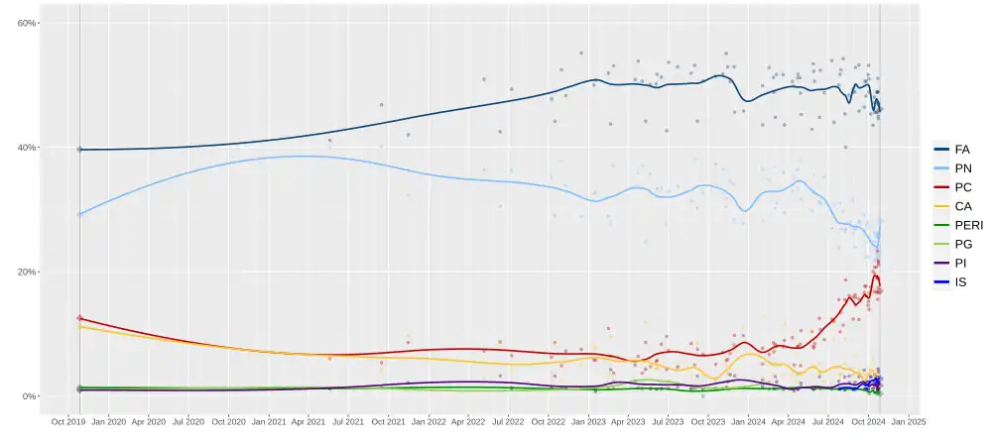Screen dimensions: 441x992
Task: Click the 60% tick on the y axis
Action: click(26, 23)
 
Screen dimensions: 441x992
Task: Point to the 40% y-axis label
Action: click(26, 148)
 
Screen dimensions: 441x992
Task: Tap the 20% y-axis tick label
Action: click(26, 273)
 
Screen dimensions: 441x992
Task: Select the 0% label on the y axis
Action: click(29, 396)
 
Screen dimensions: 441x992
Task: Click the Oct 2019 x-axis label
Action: click(68, 421)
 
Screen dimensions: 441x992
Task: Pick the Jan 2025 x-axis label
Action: click(910, 421)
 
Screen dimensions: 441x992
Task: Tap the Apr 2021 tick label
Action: click(309, 421)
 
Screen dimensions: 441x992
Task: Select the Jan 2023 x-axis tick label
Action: click(589, 421)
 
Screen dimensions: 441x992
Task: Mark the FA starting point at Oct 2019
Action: click(79, 150)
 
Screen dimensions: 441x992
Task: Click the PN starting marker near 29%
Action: click(79, 214)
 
